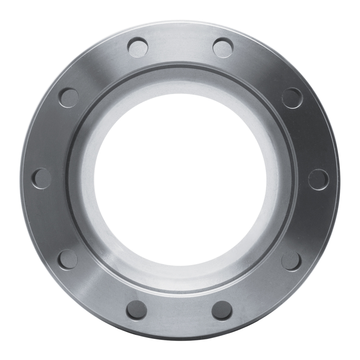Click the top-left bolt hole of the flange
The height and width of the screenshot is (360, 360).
tap(138, 47)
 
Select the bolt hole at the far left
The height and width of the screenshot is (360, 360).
tap(41, 179)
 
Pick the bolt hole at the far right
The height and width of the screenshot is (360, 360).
tap(319, 179)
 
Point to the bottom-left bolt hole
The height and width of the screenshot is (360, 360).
tap(136, 310)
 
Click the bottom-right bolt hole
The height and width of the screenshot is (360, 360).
tap(222, 310)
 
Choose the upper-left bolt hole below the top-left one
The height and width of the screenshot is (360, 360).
tap(69, 98)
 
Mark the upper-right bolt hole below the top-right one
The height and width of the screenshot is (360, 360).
tap(292, 98)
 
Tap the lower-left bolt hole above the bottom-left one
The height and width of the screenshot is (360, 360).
tap(68, 260)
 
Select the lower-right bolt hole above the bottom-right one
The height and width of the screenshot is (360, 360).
tap(291, 261)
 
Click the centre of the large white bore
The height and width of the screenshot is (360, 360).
tap(180, 179)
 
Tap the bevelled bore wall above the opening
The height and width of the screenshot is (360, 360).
tap(180, 83)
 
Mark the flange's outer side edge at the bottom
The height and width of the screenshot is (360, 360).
tap(180, 338)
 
